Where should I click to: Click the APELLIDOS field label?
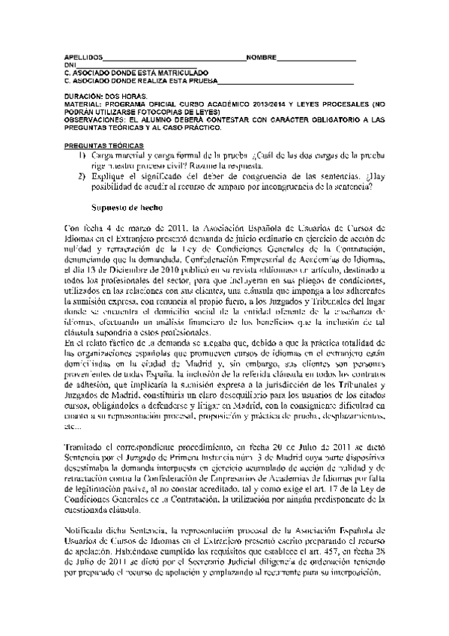81,57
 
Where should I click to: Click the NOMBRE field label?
261,57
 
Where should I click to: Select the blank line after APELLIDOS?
172,58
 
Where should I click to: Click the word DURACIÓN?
83,97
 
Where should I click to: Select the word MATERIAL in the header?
81,103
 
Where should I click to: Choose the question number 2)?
84,177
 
